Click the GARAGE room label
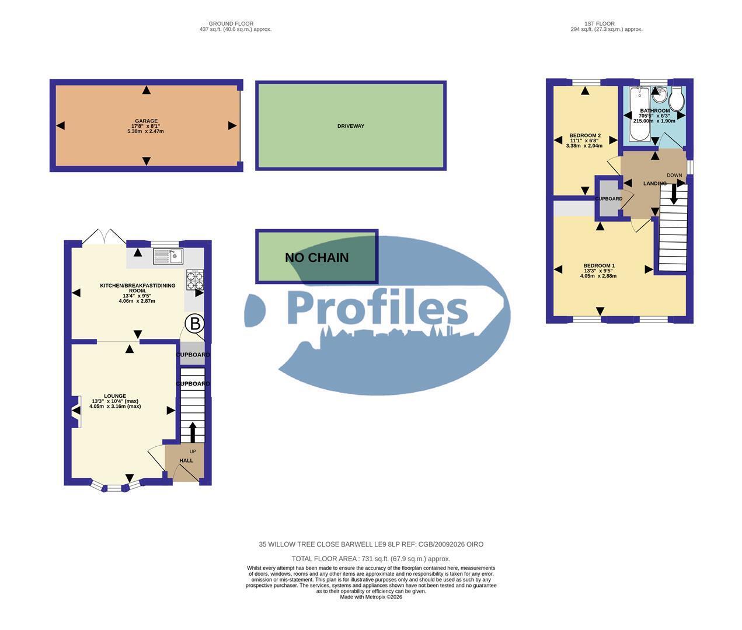[146, 121]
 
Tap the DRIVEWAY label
[351, 126]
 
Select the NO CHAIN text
[316, 258]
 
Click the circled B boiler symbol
[194, 324]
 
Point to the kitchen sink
[168, 256]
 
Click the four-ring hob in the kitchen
[195, 280]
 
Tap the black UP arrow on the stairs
[193, 432]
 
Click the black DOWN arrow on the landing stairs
[674, 194]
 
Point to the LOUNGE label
[115, 396]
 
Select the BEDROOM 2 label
[585, 135]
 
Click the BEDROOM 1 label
[599, 266]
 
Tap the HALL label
[186, 460]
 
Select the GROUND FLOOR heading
[231, 24]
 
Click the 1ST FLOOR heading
[599, 24]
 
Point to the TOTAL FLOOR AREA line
[371, 559]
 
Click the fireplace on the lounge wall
[75, 412]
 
